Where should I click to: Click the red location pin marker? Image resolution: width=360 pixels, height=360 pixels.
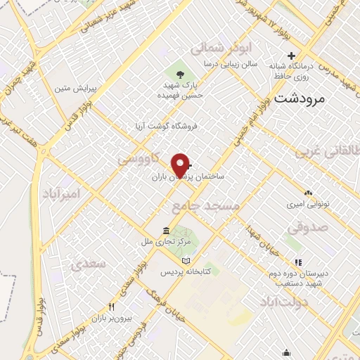[x=181, y=165]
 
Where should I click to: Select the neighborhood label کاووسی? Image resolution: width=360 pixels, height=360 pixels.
[x=136, y=159]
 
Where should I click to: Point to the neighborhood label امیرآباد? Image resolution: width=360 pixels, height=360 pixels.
[x=62, y=193]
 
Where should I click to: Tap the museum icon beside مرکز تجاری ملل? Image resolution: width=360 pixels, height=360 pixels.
[x=165, y=231]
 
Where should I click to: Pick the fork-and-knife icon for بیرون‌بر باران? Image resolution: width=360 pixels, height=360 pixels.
[x=111, y=307]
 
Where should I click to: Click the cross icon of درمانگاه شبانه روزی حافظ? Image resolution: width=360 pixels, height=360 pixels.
[x=290, y=56]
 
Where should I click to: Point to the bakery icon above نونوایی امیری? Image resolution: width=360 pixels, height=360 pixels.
[x=308, y=193]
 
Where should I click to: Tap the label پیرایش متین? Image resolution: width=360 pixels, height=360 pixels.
[x=75, y=89]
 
